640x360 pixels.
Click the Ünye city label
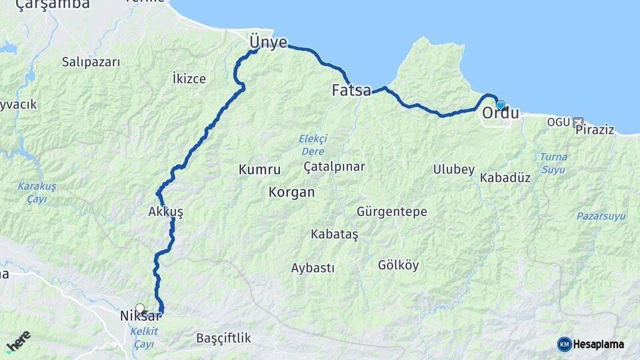pos(268,43)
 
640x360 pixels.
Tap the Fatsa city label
pos(351,91)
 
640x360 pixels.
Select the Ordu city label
pos(500,113)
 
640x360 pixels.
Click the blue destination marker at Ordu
pos(500,105)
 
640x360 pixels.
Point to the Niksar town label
pos(140,316)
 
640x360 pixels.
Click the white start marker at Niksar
pos(139,308)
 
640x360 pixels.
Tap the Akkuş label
pos(166,212)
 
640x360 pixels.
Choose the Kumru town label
pos(259,170)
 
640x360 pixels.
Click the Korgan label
pos(291,193)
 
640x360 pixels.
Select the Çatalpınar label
pos(335,166)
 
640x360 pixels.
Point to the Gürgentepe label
pos(392,212)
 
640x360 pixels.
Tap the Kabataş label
pos(335,235)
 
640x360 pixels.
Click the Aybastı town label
pos(313,268)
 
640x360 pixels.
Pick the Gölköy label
pos(398,265)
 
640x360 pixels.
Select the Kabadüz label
pos(505,178)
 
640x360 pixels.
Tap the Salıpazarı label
pos(91,62)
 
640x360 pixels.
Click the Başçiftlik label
pos(223,338)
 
